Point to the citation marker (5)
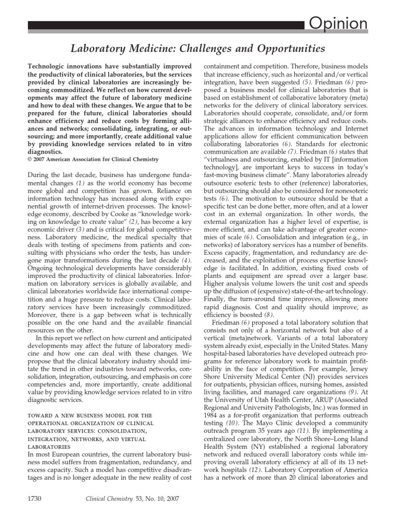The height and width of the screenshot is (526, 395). coord(306,82)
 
